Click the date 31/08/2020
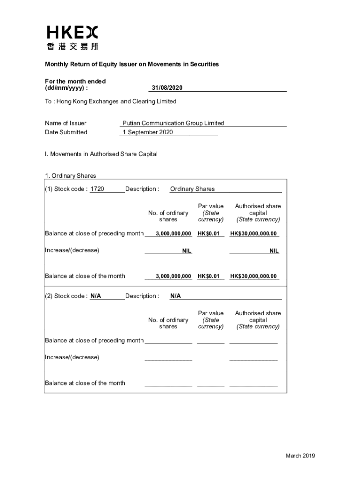[x=166, y=88]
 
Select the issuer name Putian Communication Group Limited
[x=173, y=123]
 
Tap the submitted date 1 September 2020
[x=148, y=132]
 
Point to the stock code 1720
[x=97, y=189]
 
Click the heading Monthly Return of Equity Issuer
[x=132, y=64]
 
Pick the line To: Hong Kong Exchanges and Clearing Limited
[x=111, y=102]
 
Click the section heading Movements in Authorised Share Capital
[x=101, y=154]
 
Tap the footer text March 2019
[x=301, y=456]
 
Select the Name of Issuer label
[x=65, y=123]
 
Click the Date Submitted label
[x=66, y=132]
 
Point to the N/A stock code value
[x=96, y=296]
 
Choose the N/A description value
[x=175, y=296]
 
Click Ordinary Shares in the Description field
[x=192, y=189]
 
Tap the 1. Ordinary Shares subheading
[x=71, y=176]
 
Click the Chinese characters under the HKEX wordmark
[x=72, y=46]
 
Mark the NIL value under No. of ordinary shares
[x=187, y=251]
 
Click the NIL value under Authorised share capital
[x=274, y=251]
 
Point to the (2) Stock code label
[x=66, y=296]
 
